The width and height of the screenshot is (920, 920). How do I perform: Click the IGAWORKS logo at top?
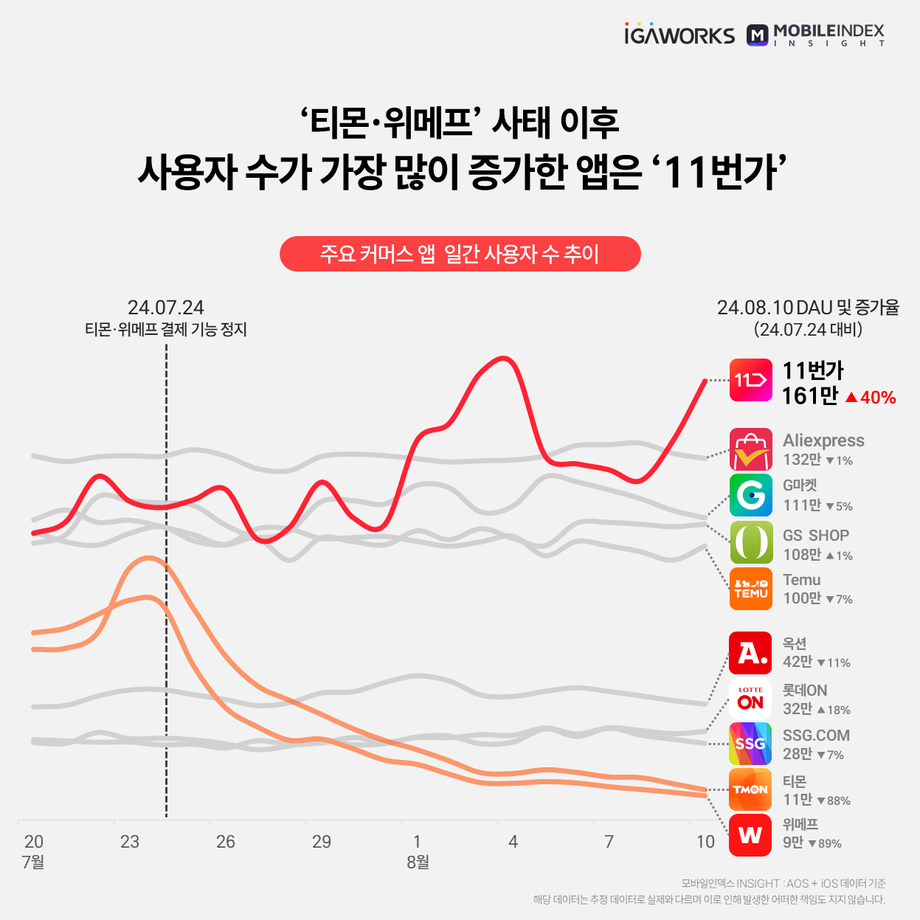[679, 35]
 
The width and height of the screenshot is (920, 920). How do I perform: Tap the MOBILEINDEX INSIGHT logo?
[815, 35]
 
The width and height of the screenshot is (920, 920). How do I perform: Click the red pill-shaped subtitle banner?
[460, 254]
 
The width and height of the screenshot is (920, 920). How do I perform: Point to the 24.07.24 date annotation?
[165, 308]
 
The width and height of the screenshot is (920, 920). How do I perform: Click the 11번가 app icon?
[750, 380]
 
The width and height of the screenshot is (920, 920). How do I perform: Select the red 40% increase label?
[871, 398]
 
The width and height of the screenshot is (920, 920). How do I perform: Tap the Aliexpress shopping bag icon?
[750, 449]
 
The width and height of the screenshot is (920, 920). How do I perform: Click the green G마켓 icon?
[750, 494]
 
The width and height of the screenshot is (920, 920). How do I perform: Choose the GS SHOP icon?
[750, 542]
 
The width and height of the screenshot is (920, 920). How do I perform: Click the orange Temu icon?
[750, 589]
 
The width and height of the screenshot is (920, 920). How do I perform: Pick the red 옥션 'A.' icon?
[750, 653]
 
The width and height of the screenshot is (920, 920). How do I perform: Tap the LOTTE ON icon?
[750, 698]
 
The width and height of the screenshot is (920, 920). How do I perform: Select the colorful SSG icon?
[750, 744]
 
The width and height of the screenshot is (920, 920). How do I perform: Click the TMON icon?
[750, 789]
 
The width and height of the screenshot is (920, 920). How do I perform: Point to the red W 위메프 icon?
[750, 835]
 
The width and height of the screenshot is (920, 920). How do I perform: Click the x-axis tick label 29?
[322, 842]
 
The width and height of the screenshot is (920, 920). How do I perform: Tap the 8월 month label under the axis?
[418, 862]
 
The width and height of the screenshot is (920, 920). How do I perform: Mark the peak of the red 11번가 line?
[503, 359]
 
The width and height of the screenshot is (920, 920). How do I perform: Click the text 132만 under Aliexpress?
[802, 460]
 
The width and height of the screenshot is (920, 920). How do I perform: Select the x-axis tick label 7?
[609, 842]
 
